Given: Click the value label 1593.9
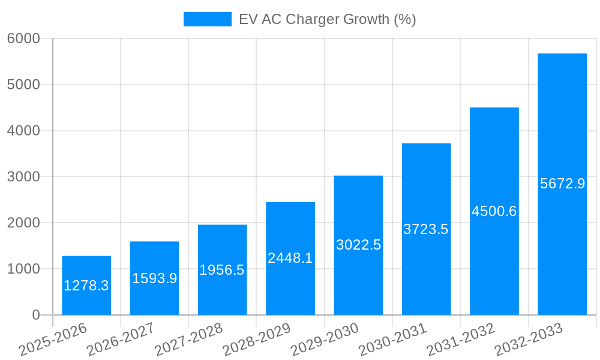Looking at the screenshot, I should click(154, 278).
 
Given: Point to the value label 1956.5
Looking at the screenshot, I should click(222, 270).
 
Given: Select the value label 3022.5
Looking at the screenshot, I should click(358, 245).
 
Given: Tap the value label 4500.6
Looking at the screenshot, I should click(494, 211).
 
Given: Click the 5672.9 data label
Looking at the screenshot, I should click(562, 184).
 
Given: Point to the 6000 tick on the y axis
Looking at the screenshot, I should click(23, 38).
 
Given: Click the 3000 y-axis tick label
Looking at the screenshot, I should click(23, 177).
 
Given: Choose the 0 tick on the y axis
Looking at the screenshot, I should click(35, 315).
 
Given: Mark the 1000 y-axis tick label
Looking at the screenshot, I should click(23, 269).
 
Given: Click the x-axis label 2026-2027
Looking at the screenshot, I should click(121, 340).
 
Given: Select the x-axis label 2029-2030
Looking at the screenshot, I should click(325, 340).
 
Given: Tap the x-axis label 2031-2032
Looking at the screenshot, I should click(460, 340).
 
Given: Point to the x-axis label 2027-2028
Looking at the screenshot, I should click(188, 340).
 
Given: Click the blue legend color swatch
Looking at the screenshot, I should click(207, 19).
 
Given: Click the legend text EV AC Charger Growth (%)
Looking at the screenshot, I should click(327, 19).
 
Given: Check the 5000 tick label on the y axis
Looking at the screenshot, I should click(23, 85).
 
